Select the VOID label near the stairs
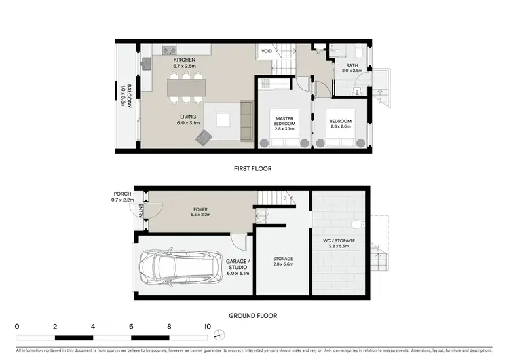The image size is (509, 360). (x=266, y=51)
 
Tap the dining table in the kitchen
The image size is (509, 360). (x=186, y=87)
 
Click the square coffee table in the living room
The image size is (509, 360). (x=222, y=120)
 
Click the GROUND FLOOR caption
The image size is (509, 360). (x=253, y=315)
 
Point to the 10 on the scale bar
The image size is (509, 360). (x=207, y=327)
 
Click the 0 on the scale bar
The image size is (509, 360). (x=16, y=327)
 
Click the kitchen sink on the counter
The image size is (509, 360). (x=147, y=63)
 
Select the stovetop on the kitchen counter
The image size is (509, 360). (x=169, y=50)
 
